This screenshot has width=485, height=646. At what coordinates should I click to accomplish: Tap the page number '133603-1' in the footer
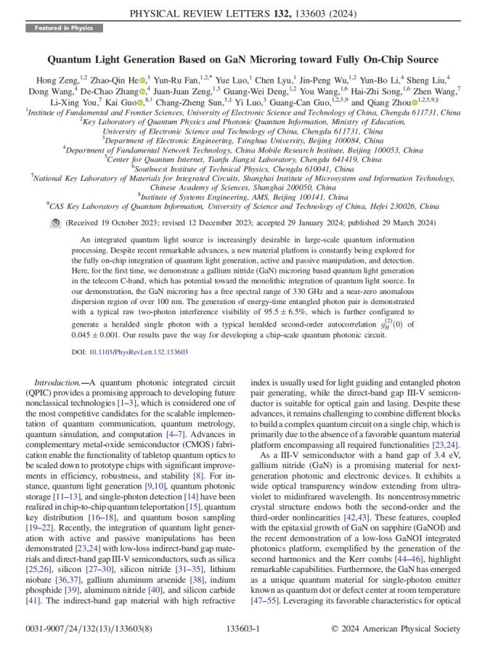coord(242,628)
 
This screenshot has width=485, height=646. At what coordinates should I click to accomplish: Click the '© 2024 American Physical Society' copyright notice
coord(396,628)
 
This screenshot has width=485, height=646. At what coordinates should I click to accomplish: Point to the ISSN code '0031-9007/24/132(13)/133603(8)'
coord(81,628)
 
